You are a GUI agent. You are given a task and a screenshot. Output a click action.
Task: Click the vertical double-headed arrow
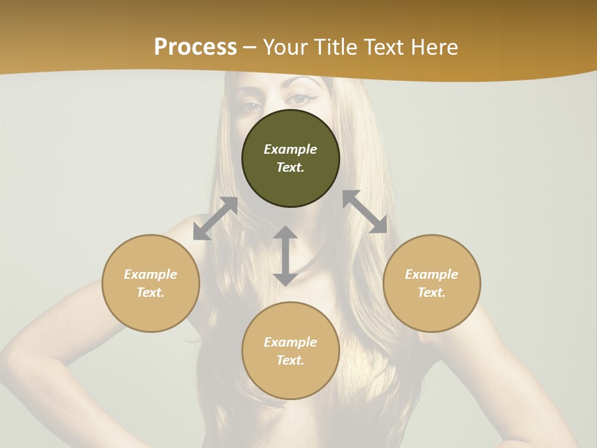pyautogui.click(x=285, y=256)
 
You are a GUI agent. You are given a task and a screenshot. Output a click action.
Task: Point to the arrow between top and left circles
pyautogui.click(x=215, y=218)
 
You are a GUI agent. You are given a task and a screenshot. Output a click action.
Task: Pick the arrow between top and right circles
pyautogui.click(x=364, y=212)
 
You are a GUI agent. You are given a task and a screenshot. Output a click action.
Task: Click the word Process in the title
pyautogui.click(x=195, y=47)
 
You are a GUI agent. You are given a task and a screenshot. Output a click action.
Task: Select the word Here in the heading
pyautogui.click(x=435, y=47)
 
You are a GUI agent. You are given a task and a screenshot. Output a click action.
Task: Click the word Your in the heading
pyautogui.click(x=286, y=47)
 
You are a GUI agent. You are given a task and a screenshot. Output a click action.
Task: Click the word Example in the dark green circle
pyautogui.click(x=290, y=149)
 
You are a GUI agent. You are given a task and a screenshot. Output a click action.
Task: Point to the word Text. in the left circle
pyautogui.click(x=150, y=292)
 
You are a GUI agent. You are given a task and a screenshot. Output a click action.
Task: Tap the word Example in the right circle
pyautogui.click(x=432, y=274)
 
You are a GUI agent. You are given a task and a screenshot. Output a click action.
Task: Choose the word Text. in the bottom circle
pyautogui.click(x=290, y=360)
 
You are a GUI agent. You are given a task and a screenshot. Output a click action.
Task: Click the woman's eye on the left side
pyautogui.click(x=252, y=104)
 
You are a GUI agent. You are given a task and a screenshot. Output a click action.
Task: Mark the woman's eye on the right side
pyautogui.click(x=301, y=98)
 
